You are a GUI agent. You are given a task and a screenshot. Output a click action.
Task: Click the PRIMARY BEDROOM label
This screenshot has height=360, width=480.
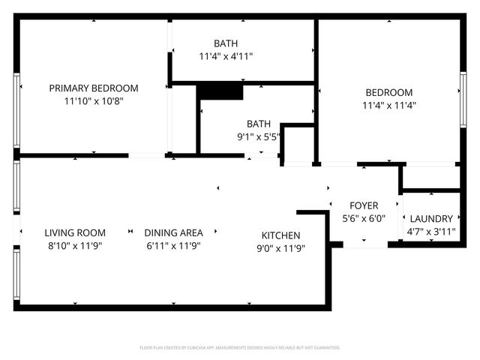[94, 88]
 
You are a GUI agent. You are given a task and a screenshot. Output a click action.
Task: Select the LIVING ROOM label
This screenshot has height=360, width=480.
[74, 233]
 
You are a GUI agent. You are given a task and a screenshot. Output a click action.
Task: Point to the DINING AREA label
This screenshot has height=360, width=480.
[173, 233]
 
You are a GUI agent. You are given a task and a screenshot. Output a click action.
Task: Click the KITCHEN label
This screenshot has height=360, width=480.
[280, 235]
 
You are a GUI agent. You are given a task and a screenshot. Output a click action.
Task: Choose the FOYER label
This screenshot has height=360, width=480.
[364, 205]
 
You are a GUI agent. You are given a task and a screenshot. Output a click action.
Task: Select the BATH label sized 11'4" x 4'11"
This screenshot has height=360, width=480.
[226, 43]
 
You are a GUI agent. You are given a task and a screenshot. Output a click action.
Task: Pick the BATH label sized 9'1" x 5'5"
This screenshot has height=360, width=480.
[259, 124]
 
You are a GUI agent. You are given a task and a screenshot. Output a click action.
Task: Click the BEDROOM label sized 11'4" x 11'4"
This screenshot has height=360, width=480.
[388, 92]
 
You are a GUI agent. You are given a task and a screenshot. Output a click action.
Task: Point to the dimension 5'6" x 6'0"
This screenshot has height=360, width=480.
[364, 218]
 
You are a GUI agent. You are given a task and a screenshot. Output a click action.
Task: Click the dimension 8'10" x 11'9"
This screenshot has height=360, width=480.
[74, 246]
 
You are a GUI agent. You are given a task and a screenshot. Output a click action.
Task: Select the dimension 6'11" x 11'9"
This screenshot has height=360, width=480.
[173, 246]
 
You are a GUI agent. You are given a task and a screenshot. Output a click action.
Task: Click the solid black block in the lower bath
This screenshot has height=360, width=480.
[220, 91]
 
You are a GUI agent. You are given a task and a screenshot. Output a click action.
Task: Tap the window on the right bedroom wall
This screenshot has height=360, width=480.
[463, 94]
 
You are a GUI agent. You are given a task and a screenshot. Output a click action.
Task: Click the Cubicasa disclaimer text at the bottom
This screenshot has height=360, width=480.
[240, 348]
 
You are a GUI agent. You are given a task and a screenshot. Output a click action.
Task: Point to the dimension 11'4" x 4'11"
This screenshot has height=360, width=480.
[226, 56]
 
